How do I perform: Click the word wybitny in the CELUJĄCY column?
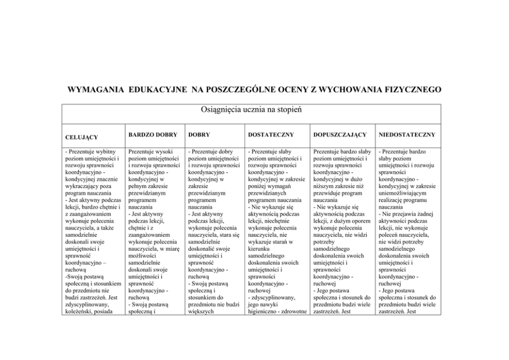pos(108,152)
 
